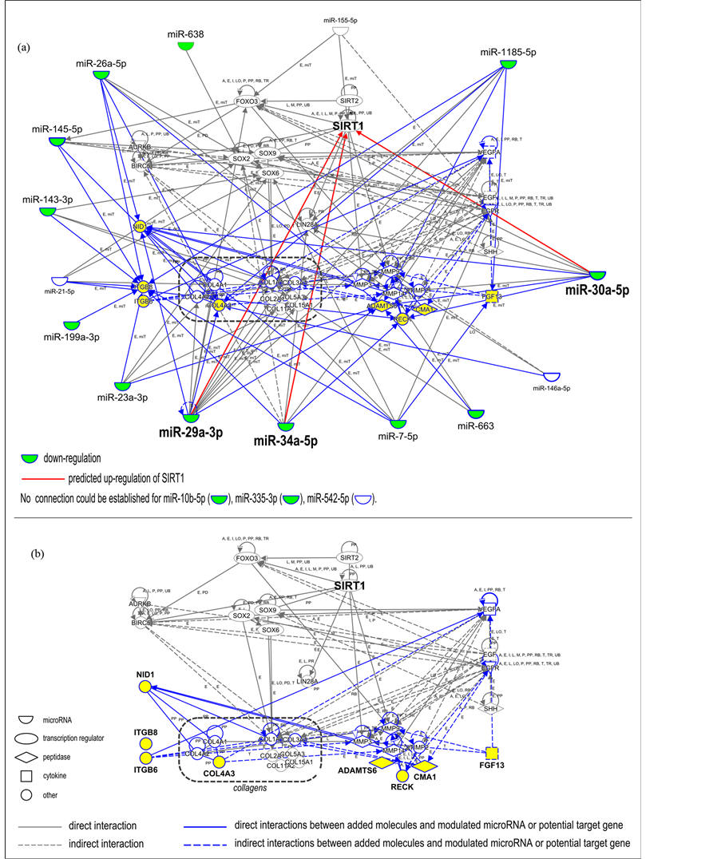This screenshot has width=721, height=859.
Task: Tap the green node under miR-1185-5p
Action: [x=508, y=65]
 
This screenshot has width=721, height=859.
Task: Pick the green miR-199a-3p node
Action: [x=72, y=325]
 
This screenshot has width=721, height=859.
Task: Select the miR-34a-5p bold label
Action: [x=286, y=439]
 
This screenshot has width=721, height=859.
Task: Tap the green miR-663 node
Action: [x=477, y=414]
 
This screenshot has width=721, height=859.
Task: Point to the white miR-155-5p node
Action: [x=342, y=30]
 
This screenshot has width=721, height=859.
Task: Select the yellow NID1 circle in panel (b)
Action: [x=145, y=687]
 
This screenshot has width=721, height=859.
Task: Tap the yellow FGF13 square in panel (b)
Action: [x=493, y=753]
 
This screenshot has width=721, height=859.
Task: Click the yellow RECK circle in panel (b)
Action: [x=403, y=775]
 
